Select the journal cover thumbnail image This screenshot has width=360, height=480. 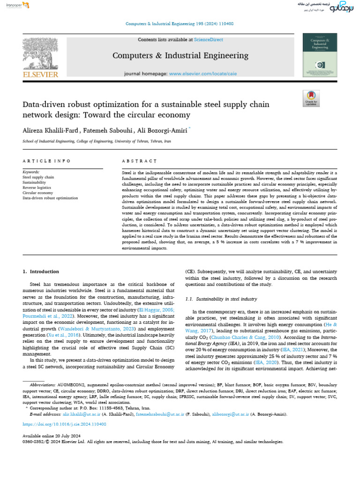click(320, 55)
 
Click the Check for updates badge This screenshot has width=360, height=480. click(311, 98)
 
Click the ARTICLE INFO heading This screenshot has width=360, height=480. click(46, 161)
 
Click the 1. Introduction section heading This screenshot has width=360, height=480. click(41, 271)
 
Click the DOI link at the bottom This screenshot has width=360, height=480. click(64, 424)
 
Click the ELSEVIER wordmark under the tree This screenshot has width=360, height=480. click(41, 74)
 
